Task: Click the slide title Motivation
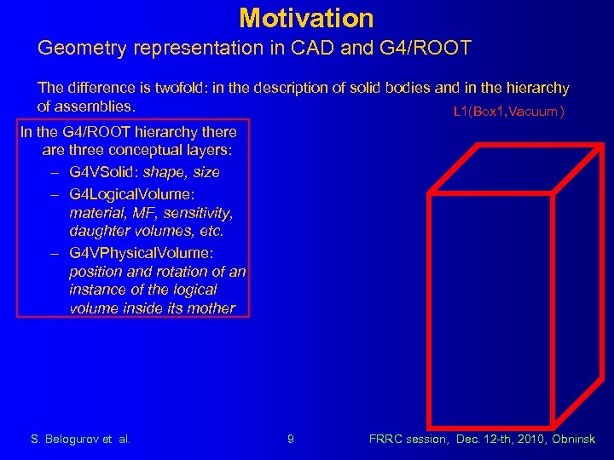(x=306, y=17)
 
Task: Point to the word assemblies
(x=96, y=106)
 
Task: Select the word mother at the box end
(x=212, y=308)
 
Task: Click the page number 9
(x=291, y=440)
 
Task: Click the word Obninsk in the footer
(x=572, y=440)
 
